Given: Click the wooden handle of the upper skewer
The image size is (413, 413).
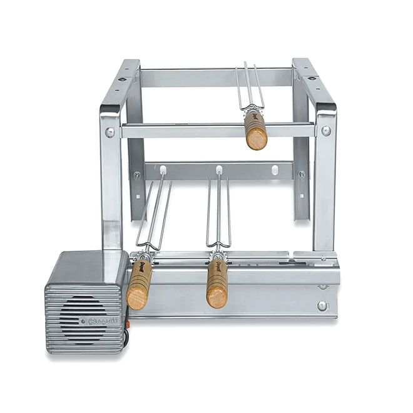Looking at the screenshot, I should click(255, 130).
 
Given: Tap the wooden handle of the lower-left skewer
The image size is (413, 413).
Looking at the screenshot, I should click(138, 284).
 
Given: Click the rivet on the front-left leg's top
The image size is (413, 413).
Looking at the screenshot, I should click(110, 132).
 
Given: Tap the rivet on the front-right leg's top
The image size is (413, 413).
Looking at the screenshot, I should click(326, 131).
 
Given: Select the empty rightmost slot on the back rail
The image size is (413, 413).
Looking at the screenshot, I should click(274, 170).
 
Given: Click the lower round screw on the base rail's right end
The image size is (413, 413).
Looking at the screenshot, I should click(322, 306).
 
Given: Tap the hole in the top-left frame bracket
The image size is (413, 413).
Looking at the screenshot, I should click(135, 79).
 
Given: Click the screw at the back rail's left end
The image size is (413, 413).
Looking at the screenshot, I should click(137, 175).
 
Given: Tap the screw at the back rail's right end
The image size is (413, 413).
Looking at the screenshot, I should click(301, 175).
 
